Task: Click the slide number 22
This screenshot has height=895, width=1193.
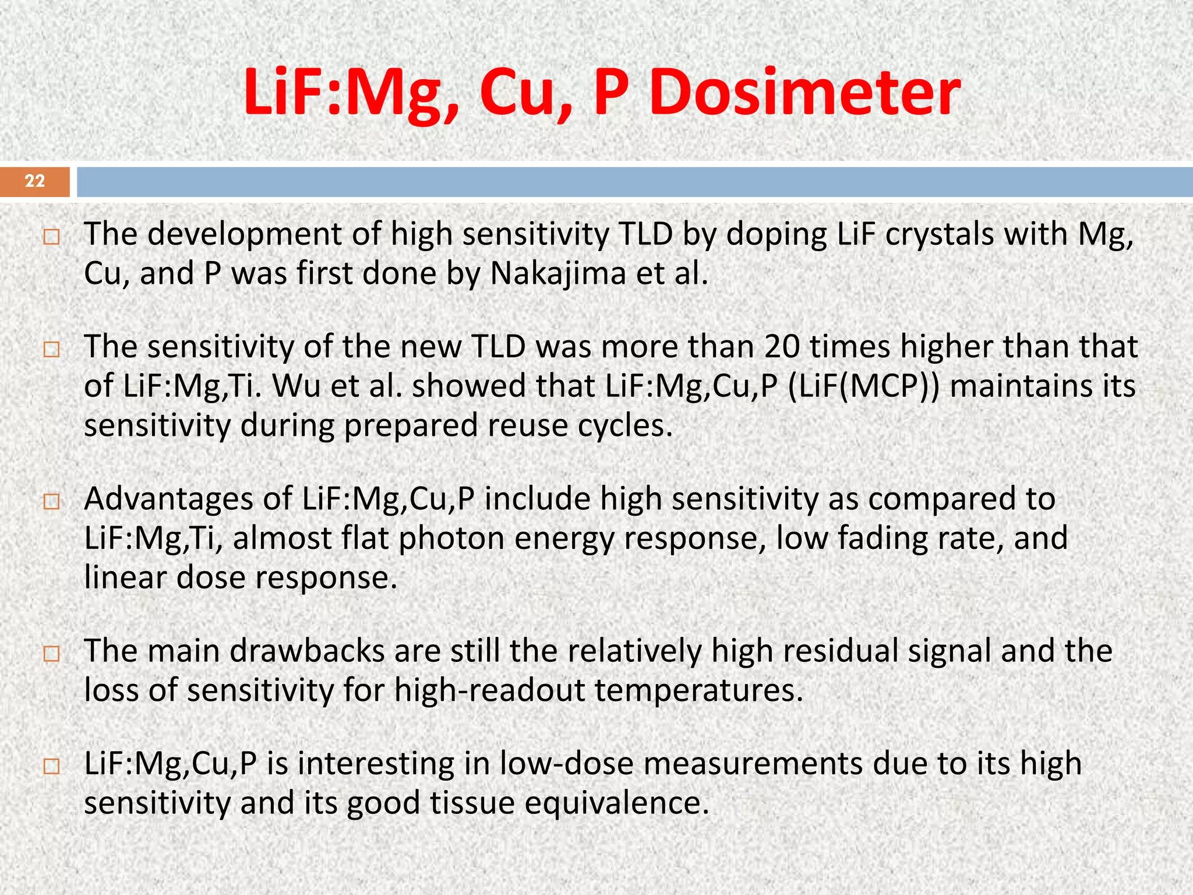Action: pyautogui.click(x=35, y=181)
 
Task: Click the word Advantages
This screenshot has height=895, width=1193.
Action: pyautogui.click(x=188, y=499)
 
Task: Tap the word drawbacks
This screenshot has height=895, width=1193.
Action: pyautogui.click(x=307, y=651)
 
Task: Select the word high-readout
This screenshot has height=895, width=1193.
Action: pyautogui.click(x=489, y=690)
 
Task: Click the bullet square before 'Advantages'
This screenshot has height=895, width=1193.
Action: pyautogui.click(x=51, y=501)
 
